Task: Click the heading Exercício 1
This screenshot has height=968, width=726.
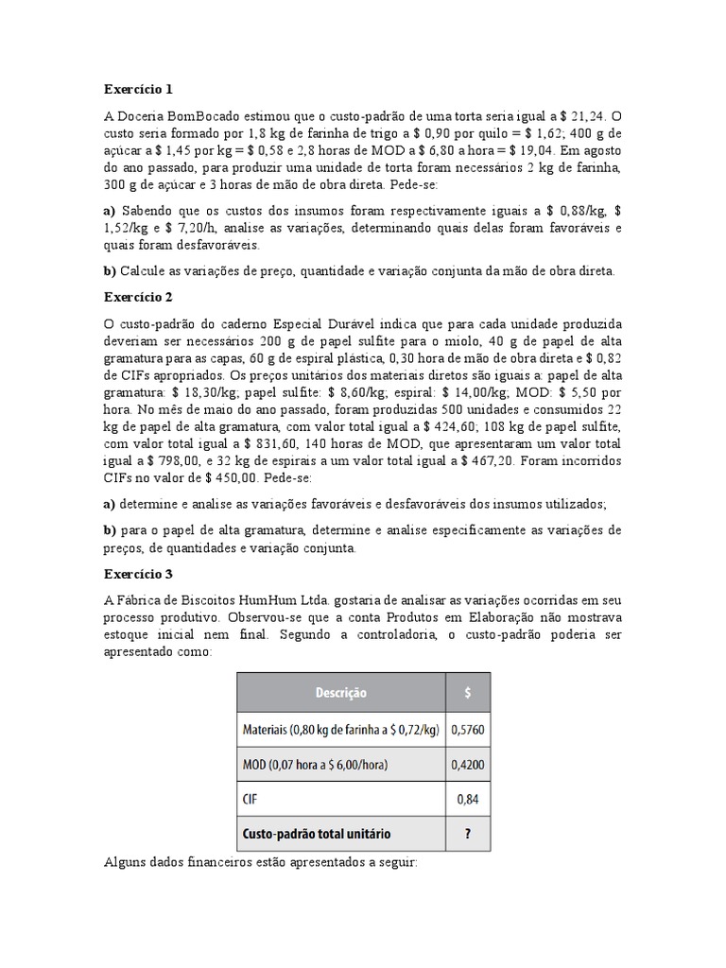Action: pyautogui.click(x=138, y=90)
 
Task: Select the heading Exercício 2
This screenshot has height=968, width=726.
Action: pyautogui.click(x=138, y=297)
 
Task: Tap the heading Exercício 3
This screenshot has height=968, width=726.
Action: pyautogui.click(x=138, y=574)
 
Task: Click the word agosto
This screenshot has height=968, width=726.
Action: pyautogui.click(x=599, y=149)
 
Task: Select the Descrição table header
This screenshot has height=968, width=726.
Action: pyautogui.click(x=339, y=693)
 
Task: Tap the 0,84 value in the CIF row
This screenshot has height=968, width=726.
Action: pyautogui.click(x=468, y=800)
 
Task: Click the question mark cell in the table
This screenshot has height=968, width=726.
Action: pyautogui.click(x=468, y=835)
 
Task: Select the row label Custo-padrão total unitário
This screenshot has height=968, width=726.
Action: pyautogui.click(x=317, y=835)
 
